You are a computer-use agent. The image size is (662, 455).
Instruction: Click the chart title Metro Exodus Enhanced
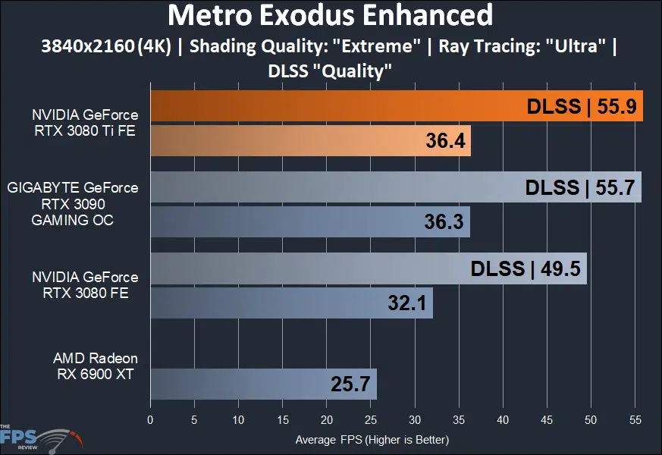click(x=330, y=15)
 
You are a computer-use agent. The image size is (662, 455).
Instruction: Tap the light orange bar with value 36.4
click(x=310, y=141)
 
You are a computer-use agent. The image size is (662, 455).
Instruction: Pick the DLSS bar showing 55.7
click(x=395, y=187)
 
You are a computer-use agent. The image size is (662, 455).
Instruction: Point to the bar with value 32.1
click(x=291, y=303)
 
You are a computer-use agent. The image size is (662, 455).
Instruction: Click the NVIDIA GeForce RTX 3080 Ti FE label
click(x=85, y=123)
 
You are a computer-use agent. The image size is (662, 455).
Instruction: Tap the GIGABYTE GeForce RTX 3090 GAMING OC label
click(x=73, y=203)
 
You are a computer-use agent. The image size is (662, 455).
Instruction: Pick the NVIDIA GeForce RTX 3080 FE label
click(x=85, y=285)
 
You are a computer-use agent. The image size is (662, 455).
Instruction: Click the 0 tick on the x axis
click(x=150, y=419)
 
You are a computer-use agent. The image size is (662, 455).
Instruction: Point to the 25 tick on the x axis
click(x=371, y=419)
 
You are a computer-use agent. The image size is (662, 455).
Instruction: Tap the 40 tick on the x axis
click(x=503, y=419)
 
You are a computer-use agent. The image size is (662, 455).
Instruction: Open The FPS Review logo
click(x=38, y=438)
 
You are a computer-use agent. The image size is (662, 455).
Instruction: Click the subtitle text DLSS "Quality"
click(x=330, y=72)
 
